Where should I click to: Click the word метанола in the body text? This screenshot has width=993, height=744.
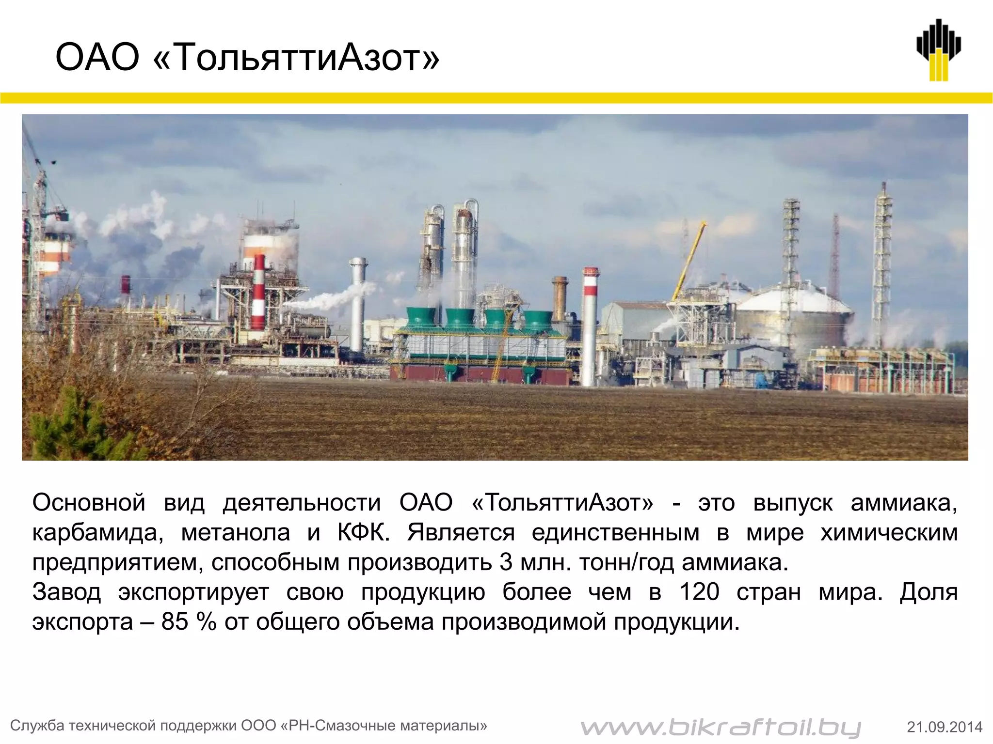tap(235, 533)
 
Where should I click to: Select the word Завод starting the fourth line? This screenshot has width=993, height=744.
tap(66, 592)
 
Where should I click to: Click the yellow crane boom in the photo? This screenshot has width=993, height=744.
tap(688, 262)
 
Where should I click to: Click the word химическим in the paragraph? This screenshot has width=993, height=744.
tap(889, 533)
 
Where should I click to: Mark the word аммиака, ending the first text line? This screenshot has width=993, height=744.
tap(904, 504)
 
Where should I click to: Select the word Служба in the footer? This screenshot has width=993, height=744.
tap(37, 726)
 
